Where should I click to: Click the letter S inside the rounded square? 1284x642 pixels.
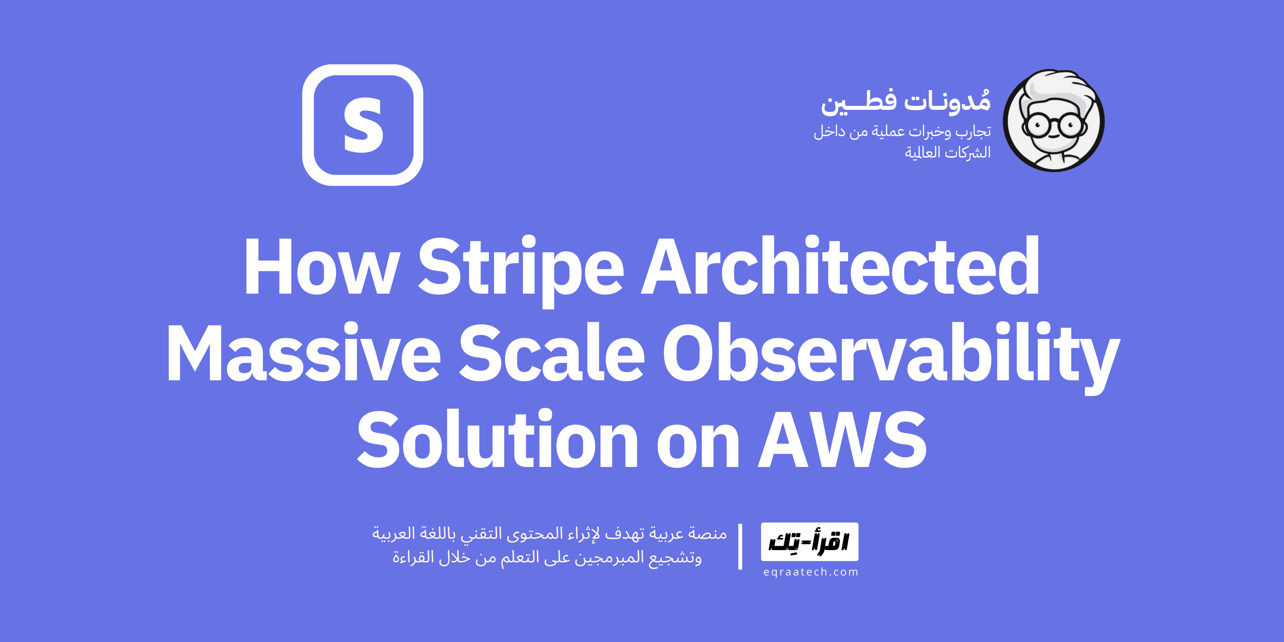[x=363, y=126]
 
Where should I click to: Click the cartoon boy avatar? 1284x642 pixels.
[x=1054, y=121]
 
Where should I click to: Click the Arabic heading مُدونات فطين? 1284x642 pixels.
[x=906, y=101]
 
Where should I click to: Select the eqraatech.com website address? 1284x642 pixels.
[x=810, y=572]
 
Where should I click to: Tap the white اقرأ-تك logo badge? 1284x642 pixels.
[x=810, y=542]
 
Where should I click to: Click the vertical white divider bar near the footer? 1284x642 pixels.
[x=740, y=546]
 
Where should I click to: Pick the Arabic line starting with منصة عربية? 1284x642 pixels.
[x=549, y=534]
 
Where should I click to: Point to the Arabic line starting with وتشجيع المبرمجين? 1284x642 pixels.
[x=547, y=557]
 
